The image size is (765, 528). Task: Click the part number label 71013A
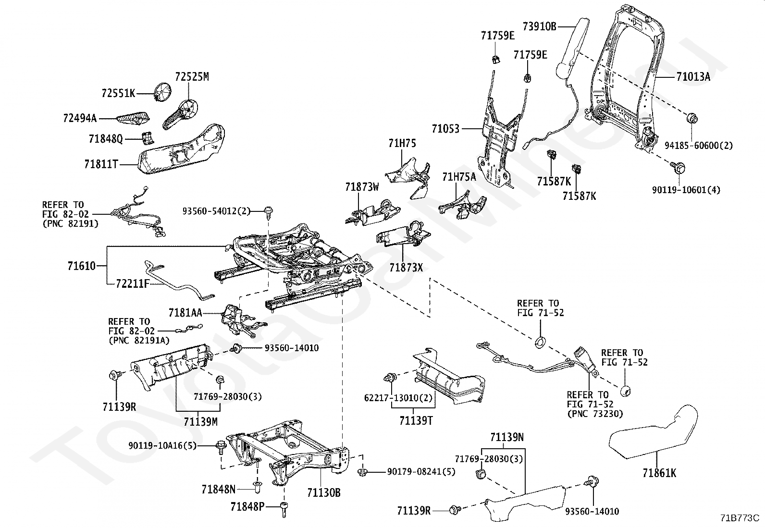pyautogui.click(x=693, y=76)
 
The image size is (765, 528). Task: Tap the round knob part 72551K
pyautogui.click(x=163, y=91)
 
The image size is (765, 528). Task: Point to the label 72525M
pyautogui.click(x=192, y=77)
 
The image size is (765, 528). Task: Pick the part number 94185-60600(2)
pyautogui.click(x=699, y=145)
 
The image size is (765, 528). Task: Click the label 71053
pyautogui.click(x=445, y=129)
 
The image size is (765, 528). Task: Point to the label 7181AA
pyautogui.click(x=185, y=313)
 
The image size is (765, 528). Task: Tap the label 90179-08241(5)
pyautogui.click(x=421, y=471)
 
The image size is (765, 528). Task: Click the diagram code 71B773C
pyautogui.click(x=739, y=518)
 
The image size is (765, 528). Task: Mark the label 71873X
pyautogui.click(x=406, y=268)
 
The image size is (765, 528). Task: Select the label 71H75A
pyautogui.click(x=459, y=177)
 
